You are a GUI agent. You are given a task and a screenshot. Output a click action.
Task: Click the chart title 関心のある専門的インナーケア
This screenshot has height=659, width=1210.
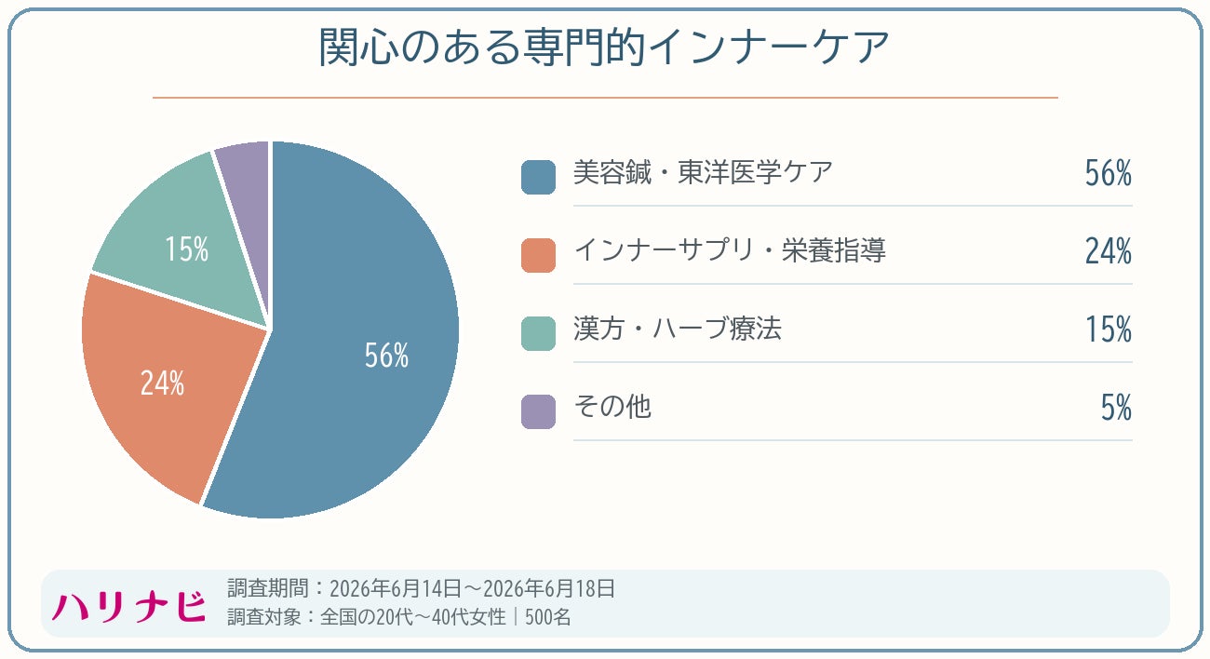pyautogui.click(x=604, y=47)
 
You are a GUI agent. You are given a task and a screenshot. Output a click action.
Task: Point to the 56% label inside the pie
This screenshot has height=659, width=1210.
pyautogui.click(x=387, y=356)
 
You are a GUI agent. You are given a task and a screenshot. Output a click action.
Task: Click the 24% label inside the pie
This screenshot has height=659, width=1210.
pyautogui.click(x=163, y=383)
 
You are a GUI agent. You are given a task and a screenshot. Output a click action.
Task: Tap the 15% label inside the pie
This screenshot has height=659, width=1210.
pyautogui.click(x=187, y=249)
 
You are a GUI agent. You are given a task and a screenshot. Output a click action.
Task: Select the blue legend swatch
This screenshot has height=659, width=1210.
pyautogui.click(x=538, y=177)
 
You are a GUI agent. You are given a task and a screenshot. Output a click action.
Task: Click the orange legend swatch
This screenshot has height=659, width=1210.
pyautogui.click(x=538, y=255)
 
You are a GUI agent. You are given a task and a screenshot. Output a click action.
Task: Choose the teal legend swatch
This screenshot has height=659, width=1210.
pyautogui.click(x=538, y=333)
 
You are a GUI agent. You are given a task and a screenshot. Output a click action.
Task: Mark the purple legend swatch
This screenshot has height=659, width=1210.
pyautogui.click(x=538, y=411)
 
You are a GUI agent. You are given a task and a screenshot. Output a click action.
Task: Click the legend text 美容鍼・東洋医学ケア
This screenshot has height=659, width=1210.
pyautogui.click(x=703, y=172)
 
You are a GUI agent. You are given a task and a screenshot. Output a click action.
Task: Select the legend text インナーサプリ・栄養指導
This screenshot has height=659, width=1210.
pyautogui.click(x=730, y=250)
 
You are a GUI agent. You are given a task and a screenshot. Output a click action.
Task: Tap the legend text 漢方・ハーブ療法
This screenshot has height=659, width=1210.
pyautogui.click(x=678, y=329)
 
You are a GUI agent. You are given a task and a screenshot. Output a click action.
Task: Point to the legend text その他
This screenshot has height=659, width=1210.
pyautogui.click(x=612, y=407)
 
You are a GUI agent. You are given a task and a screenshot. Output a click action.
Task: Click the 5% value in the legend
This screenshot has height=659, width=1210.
pyautogui.click(x=1116, y=408)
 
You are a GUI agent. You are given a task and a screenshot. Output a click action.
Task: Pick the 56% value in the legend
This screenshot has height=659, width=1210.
pyautogui.click(x=1109, y=173)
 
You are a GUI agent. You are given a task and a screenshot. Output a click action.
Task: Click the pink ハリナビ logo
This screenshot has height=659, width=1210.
pyautogui.click(x=129, y=607)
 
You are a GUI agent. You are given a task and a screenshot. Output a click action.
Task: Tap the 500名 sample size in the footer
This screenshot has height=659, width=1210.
pyautogui.click(x=547, y=617)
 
